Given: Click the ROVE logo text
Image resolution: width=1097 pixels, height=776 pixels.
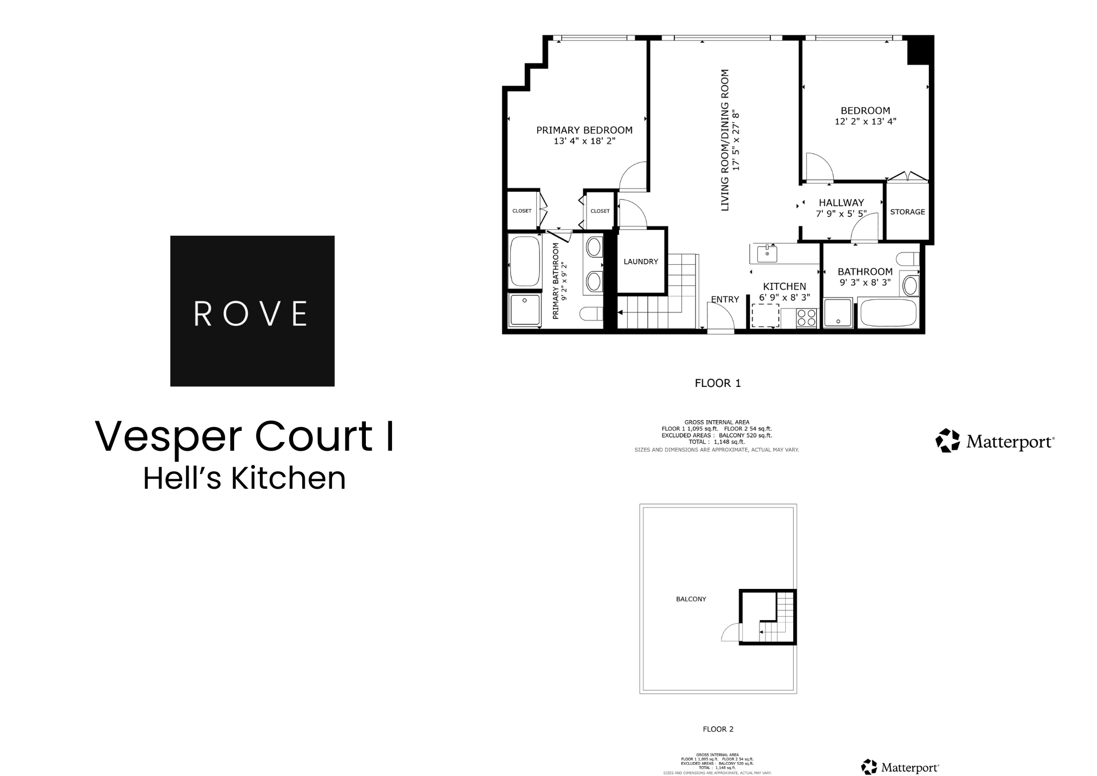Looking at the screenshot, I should pyautogui.click(x=251, y=314).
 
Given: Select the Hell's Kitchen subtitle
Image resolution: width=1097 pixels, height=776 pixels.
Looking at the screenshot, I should pyautogui.click(x=244, y=478).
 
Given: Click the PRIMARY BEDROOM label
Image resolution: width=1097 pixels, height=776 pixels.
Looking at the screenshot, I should pyautogui.click(x=584, y=130).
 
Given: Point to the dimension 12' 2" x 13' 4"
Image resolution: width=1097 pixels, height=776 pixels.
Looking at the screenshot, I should pyautogui.click(x=865, y=122).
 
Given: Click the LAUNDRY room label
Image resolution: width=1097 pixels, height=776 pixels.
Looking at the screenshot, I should pyautogui.click(x=641, y=262).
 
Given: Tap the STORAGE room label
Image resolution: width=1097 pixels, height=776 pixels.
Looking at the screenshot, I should pyautogui.click(x=907, y=212).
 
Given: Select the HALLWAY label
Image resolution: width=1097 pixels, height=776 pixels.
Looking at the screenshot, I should pyautogui.click(x=841, y=203).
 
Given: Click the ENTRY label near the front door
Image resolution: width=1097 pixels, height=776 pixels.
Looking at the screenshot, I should pyautogui.click(x=725, y=300).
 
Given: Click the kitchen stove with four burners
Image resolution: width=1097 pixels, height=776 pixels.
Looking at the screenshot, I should pyautogui.click(x=806, y=318).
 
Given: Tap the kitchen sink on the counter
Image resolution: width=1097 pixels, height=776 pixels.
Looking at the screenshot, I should pyautogui.click(x=768, y=253).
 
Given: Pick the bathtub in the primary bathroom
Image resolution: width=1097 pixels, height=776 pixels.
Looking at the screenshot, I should pyautogui.click(x=524, y=262).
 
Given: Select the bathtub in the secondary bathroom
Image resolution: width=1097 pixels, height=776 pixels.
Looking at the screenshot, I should pyautogui.click(x=888, y=314).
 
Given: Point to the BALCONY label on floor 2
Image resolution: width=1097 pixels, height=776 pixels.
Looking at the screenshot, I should pyautogui.click(x=690, y=599).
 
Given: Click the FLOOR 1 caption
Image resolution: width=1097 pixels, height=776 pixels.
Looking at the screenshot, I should pyautogui.click(x=717, y=383).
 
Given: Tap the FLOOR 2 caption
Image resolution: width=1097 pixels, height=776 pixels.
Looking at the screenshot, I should pyautogui.click(x=718, y=729).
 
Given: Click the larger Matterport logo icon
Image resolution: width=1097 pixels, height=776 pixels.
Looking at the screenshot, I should pyautogui.click(x=947, y=441).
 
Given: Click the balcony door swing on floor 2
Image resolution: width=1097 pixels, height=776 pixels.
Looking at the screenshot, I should pyautogui.click(x=731, y=633).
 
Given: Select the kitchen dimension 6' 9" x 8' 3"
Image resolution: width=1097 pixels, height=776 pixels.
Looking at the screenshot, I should pyautogui.click(x=784, y=297).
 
